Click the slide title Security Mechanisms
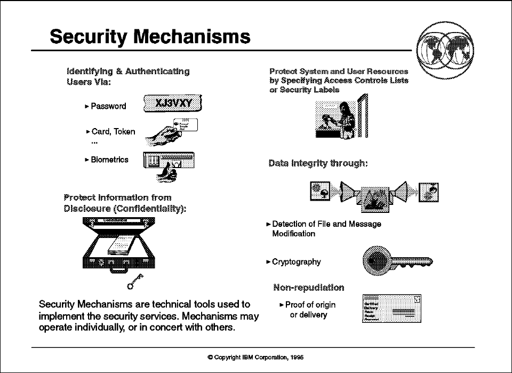click(150, 36)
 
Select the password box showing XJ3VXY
click(174, 104)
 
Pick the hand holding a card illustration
click(171, 132)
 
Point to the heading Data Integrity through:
click(318, 163)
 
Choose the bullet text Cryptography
click(296, 262)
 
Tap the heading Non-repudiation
click(308, 288)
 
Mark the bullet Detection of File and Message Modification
click(326, 229)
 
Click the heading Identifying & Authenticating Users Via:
click(127, 76)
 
